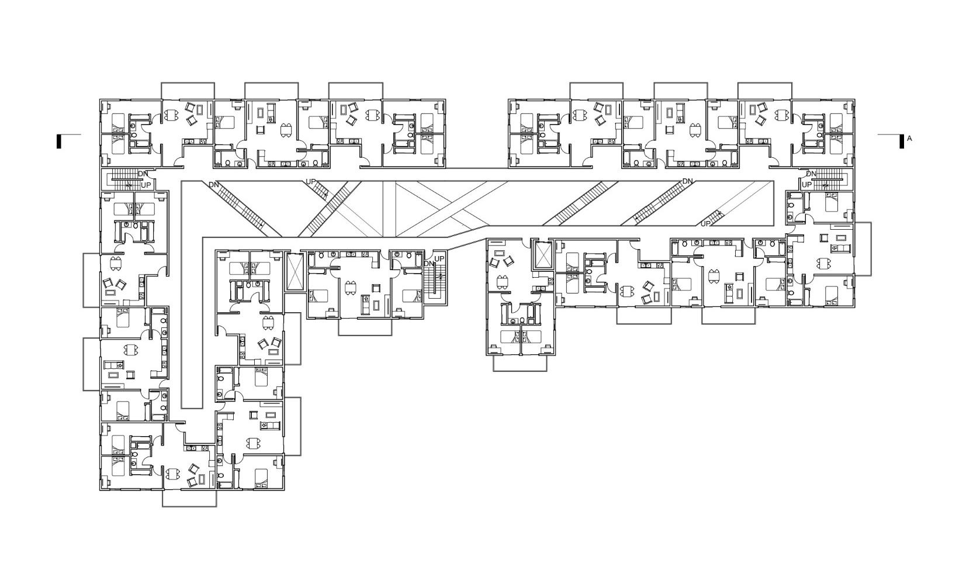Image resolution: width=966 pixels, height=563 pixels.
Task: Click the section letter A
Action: pyautogui.click(x=909, y=139)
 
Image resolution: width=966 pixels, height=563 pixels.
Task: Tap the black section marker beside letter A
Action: pyautogui.click(x=902, y=141)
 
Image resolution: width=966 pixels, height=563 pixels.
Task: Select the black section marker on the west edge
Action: pyautogui.click(x=58, y=141)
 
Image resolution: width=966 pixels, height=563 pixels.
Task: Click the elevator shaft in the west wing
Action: pyautogui.click(x=294, y=271)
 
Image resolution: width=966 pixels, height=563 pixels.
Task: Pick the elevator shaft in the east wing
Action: pyautogui.click(x=543, y=255)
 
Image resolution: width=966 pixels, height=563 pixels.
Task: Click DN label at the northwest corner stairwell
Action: pyautogui.click(x=143, y=174)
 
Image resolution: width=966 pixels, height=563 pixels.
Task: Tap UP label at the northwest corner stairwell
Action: pyautogui.click(x=146, y=185)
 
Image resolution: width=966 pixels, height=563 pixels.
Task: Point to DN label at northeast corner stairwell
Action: pyautogui.click(x=811, y=174)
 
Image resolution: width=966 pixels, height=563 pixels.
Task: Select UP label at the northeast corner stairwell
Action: pyautogui.click(x=806, y=185)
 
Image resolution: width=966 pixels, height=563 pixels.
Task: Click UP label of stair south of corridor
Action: pyautogui.click(x=439, y=258)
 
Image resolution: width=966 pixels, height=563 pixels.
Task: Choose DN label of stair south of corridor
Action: pyautogui.click(x=429, y=264)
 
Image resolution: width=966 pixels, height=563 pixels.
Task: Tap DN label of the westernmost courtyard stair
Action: pyautogui.click(x=214, y=185)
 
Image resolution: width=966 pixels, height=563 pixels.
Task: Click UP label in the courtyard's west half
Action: pyautogui.click(x=310, y=182)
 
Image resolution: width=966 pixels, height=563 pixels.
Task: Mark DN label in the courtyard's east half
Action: pyautogui.click(x=687, y=181)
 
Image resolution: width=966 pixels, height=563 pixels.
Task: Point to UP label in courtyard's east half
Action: pyautogui.click(x=705, y=223)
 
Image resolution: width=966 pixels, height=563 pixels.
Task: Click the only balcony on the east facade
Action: pyautogui.click(x=863, y=248)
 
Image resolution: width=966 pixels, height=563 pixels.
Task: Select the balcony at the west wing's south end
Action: pyautogui.click(x=189, y=498)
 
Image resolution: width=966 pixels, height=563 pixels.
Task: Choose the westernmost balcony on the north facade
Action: pyautogui.click(x=188, y=91)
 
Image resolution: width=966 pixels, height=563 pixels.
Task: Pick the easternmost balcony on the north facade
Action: pyautogui.click(x=765, y=91)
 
